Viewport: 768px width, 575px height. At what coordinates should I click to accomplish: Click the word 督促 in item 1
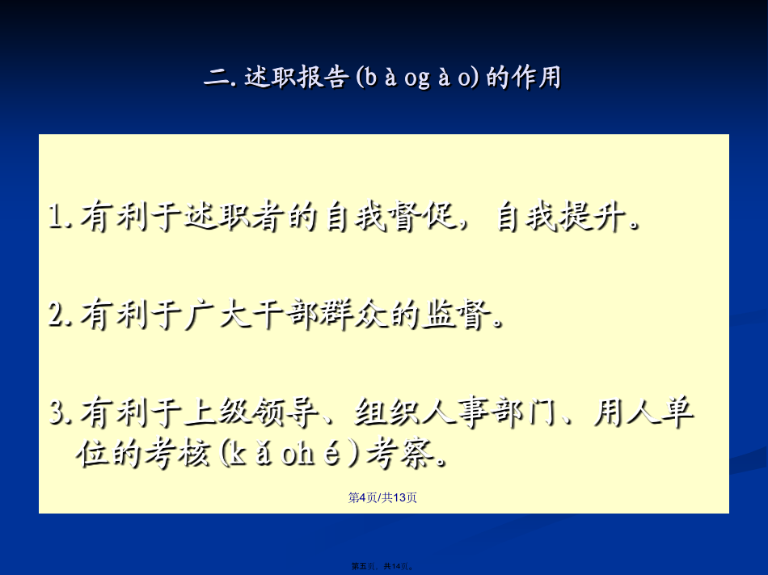click(x=424, y=216)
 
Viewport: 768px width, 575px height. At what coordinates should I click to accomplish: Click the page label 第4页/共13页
click(x=382, y=497)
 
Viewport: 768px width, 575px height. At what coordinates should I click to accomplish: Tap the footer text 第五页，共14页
click(x=382, y=566)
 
